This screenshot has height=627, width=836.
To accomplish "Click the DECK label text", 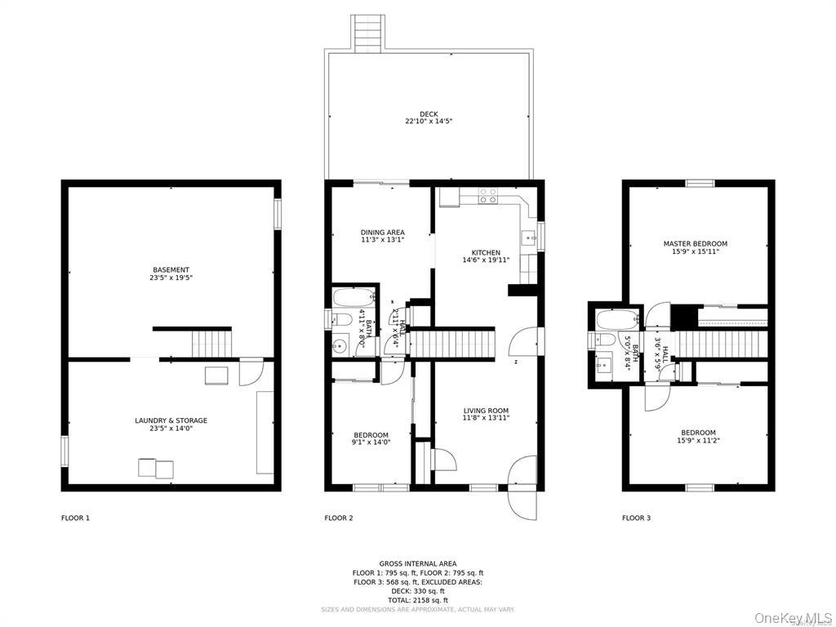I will point(429,114).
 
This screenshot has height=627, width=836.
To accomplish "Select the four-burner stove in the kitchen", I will point(487,196).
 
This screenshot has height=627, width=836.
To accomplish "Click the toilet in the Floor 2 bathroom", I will point(342,319).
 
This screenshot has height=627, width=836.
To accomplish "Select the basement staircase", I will point(211,343).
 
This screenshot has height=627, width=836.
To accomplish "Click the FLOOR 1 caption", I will point(76,518).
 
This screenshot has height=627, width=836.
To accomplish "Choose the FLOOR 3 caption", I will point(637,518).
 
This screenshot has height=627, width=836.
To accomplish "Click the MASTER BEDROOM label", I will point(695,243).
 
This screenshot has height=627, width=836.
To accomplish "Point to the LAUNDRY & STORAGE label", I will point(171,420).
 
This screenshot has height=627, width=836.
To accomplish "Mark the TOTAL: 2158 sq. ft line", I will point(418,600).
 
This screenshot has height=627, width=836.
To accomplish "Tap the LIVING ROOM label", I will point(486,411).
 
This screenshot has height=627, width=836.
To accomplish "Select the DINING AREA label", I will point(383,233).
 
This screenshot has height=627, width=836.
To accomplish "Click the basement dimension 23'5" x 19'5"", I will point(171,278).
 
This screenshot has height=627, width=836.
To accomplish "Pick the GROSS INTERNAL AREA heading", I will point(418,563).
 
